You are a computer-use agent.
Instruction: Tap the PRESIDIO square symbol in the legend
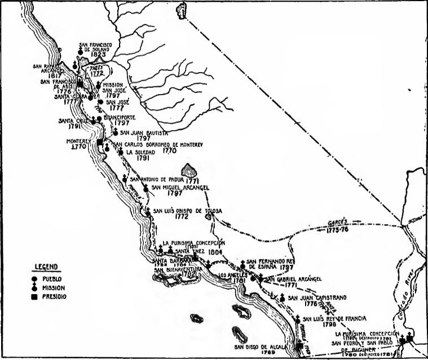pos(34,296)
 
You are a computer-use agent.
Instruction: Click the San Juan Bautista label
pos(144,133)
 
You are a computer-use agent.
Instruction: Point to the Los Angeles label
pos(235,275)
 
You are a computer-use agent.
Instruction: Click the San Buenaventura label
pos(183,269)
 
